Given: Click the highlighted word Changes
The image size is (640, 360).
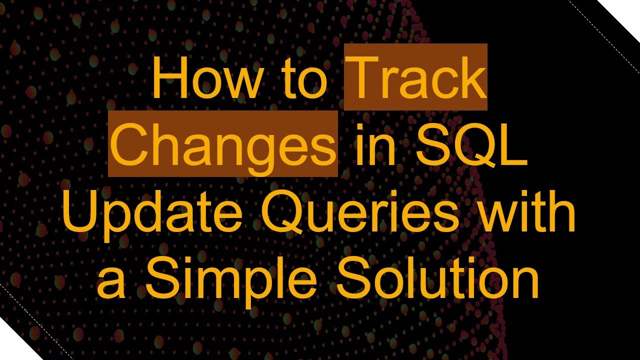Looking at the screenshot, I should (x=223, y=145).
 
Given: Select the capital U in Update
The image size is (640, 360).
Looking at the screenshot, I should (x=79, y=212).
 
